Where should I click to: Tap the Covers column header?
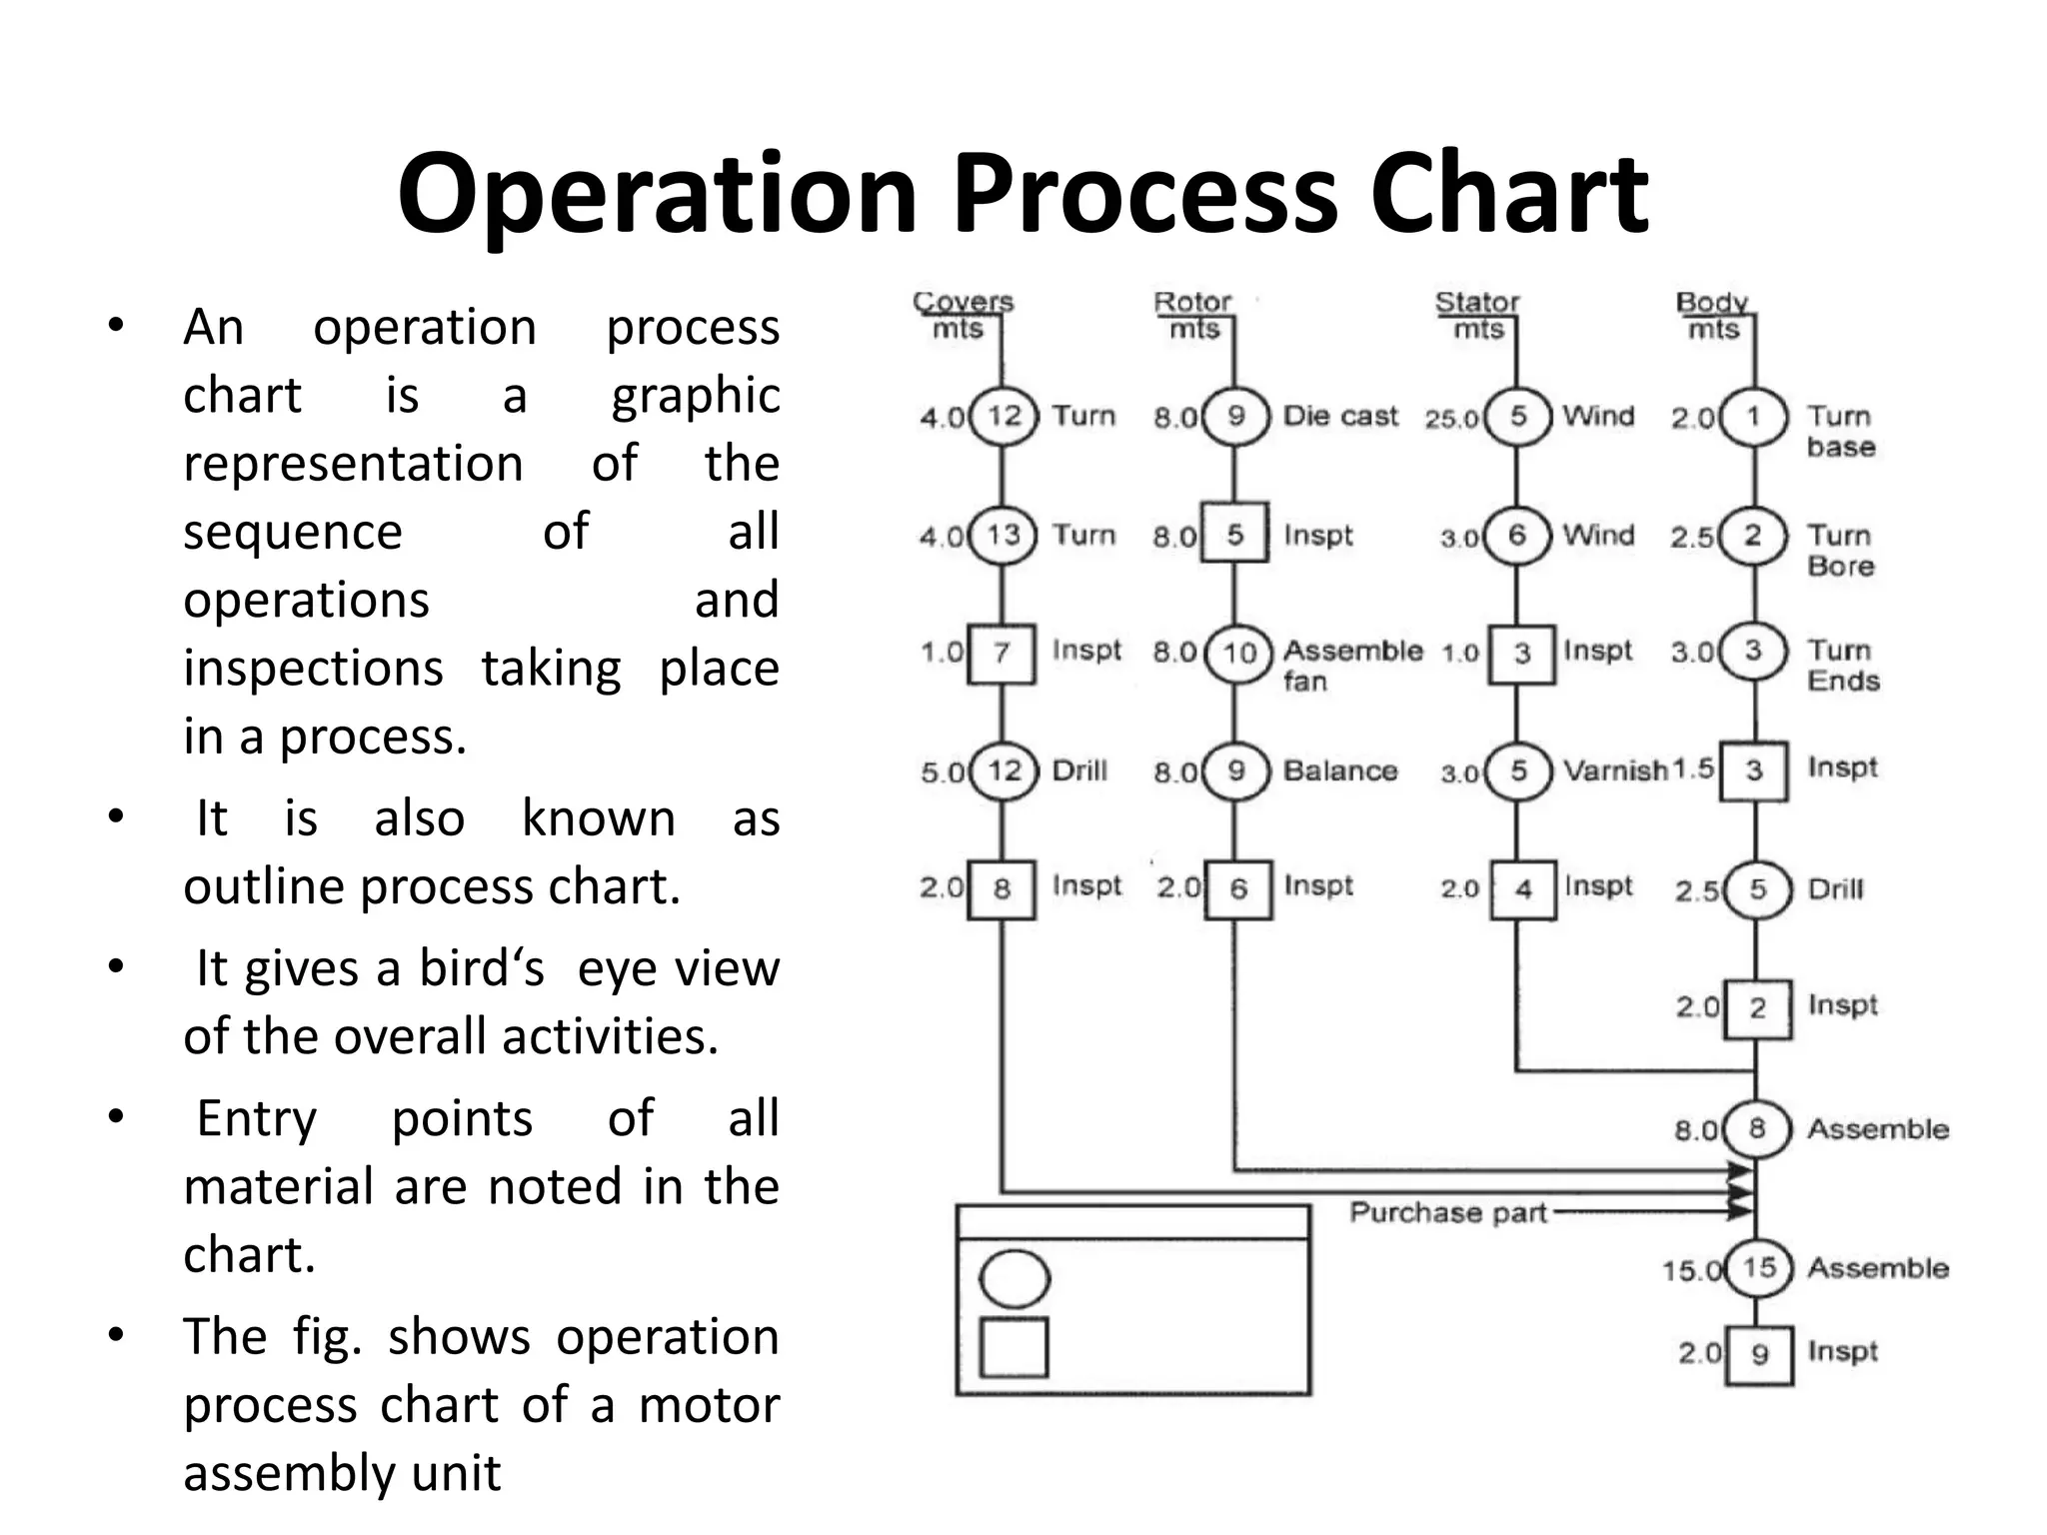(x=963, y=302)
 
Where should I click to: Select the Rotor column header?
(x=1192, y=302)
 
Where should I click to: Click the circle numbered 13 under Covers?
(x=1003, y=535)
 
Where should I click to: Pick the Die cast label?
(x=1339, y=416)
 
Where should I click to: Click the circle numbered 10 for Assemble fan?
(x=1238, y=654)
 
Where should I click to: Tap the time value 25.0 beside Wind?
(x=1451, y=419)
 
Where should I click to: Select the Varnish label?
(x=1614, y=770)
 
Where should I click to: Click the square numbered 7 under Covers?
(x=1002, y=654)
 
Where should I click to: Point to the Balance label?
(x=1339, y=770)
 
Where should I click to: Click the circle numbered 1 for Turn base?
(x=1752, y=417)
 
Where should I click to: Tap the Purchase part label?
(x=1447, y=1212)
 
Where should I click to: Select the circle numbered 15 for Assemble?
(x=1758, y=1268)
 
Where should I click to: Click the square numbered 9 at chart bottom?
(x=1759, y=1354)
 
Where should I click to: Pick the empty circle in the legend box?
(x=1015, y=1279)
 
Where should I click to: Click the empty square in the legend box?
(x=1014, y=1347)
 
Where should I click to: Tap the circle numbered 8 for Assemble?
(x=1756, y=1129)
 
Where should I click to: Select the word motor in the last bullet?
(x=709, y=1404)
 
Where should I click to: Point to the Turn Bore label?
(x=1839, y=551)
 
